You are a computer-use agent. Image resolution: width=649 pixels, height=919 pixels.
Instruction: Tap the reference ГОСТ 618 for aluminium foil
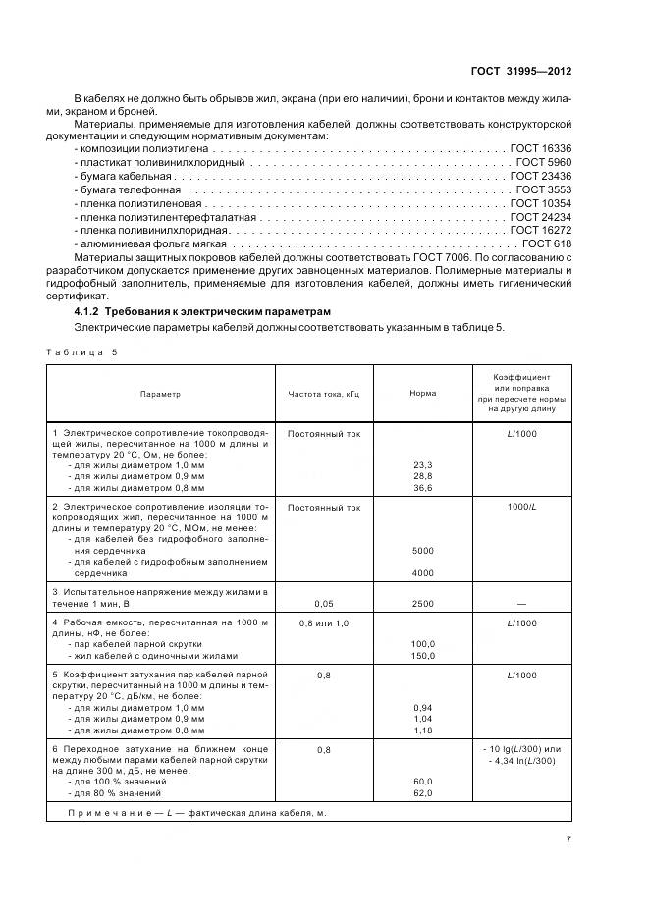click(x=547, y=243)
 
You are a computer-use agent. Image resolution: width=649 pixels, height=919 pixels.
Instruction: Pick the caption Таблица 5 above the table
click(x=81, y=351)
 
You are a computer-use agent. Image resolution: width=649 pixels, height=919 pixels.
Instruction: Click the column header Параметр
click(x=160, y=394)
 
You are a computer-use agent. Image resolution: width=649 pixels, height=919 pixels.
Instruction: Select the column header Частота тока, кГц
click(x=324, y=394)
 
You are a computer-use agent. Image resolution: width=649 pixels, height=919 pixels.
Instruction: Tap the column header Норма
click(x=423, y=394)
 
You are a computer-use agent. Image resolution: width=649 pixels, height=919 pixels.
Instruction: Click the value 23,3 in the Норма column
click(x=423, y=465)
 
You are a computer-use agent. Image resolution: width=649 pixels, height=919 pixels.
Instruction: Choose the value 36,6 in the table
click(x=423, y=488)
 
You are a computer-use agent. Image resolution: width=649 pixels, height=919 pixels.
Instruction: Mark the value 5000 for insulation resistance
click(x=423, y=551)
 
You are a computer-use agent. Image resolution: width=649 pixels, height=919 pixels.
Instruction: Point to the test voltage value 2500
click(x=423, y=606)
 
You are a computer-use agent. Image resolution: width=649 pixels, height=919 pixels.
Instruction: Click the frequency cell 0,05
click(x=324, y=606)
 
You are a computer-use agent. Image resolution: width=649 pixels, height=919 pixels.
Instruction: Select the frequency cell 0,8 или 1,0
click(x=324, y=623)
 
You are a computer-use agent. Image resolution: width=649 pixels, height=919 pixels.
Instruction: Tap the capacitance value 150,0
click(x=423, y=656)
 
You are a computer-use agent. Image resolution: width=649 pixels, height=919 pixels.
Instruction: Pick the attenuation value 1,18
click(x=423, y=730)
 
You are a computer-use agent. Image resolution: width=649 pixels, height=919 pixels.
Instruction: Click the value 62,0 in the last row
click(x=423, y=793)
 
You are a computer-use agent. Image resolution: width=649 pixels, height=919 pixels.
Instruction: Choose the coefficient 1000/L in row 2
click(x=521, y=507)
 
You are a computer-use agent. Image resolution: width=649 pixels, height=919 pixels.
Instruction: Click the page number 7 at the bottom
click(x=568, y=838)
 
